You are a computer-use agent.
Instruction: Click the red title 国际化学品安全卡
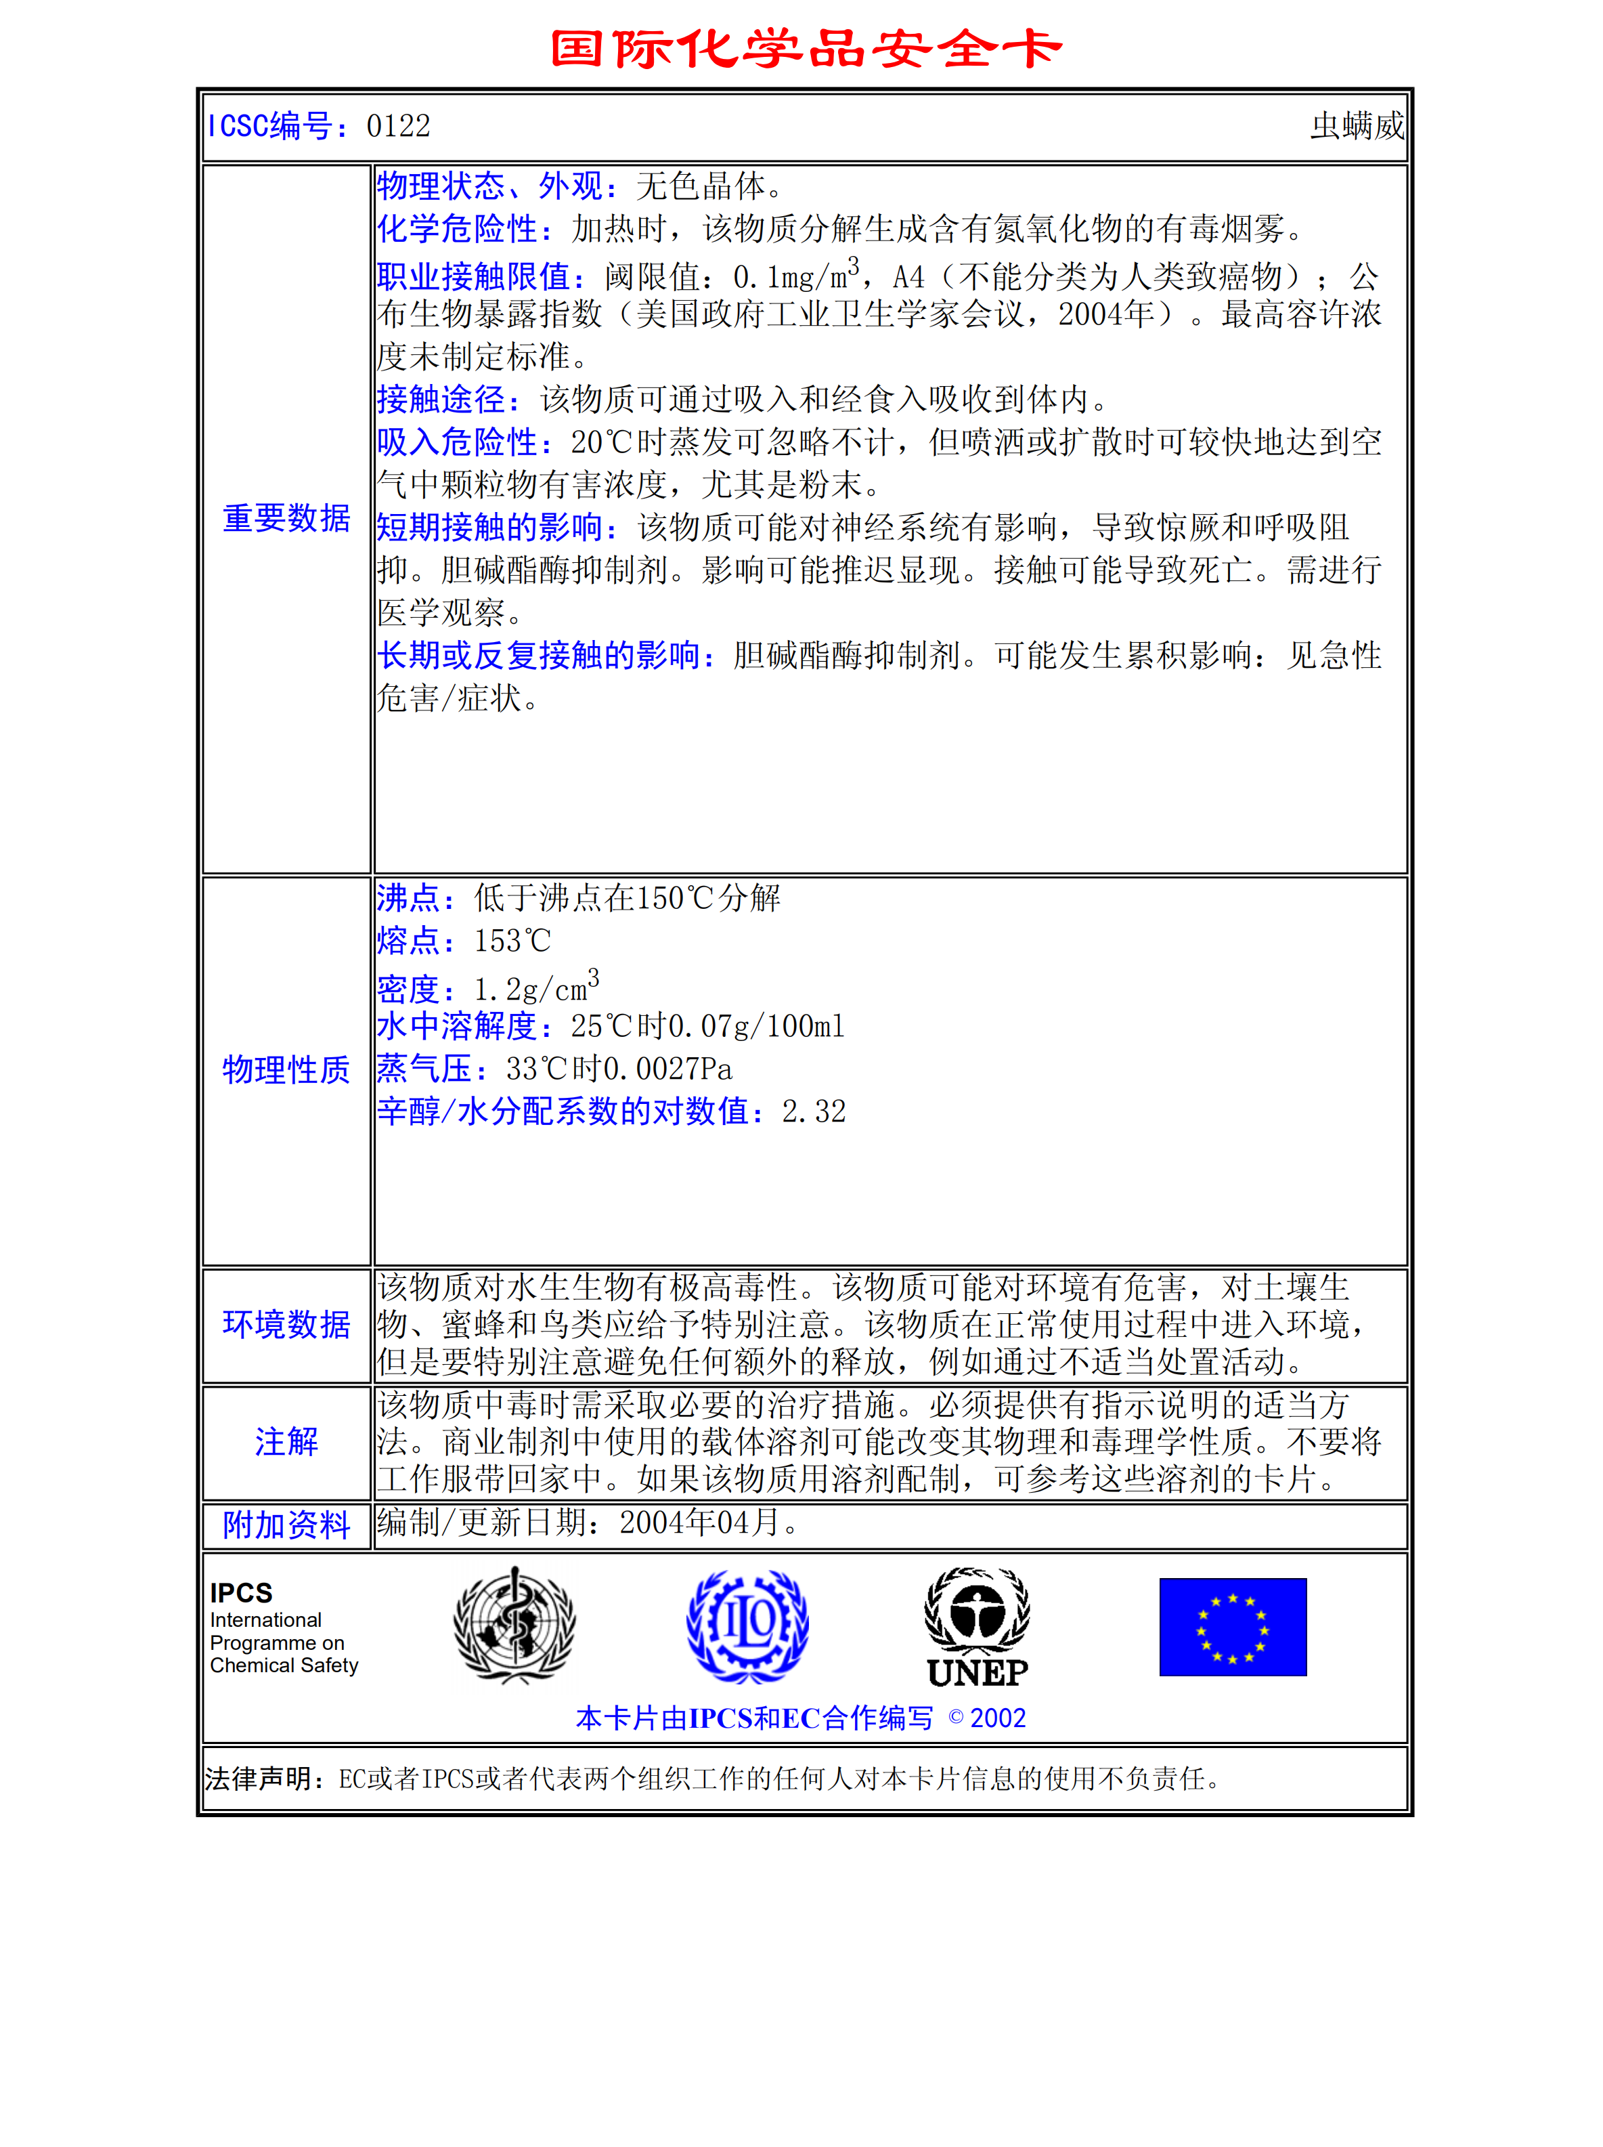(806, 49)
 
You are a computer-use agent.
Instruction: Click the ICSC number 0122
(398, 126)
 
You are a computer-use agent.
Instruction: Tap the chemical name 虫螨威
(1357, 126)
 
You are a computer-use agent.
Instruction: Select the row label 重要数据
(286, 518)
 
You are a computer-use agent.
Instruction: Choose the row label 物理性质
(286, 1069)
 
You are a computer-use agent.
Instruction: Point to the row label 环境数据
(286, 1324)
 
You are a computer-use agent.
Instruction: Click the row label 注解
(286, 1441)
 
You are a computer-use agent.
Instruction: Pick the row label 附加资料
(286, 1525)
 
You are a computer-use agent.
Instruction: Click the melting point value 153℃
(512, 941)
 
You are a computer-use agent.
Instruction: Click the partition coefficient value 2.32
(813, 1111)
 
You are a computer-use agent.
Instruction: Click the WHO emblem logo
(514, 1625)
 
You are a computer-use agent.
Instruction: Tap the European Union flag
(1232, 1627)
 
